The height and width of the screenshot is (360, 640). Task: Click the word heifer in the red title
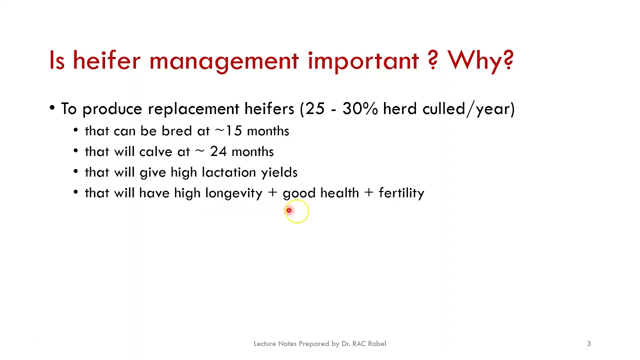pyautogui.click(x=106, y=60)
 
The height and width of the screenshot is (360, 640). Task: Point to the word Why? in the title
pyautogui.click(x=480, y=60)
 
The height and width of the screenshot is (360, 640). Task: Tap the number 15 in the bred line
pyautogui.click(x=233, y=131)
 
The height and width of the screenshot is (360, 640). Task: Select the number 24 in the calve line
pyautogui.click(x=218, y=151)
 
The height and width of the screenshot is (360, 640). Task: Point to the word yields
pyautogui.click(x=279, y=172)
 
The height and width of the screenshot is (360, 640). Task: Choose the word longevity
pyautogui.click(x=233, y=193)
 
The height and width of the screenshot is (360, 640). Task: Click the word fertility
pyautogui.click(x=401, y=193)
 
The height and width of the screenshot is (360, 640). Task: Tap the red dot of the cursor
pyautogui.click(x=288, y=210)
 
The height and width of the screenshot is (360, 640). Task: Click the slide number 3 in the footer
pyautogui.click(x=588, y=343)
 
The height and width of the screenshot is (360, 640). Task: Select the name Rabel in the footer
pyautogui.click(x=377, y=343)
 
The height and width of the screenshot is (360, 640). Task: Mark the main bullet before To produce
pyautogui.click(x=52, y=108)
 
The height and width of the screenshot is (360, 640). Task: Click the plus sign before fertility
pyautogui.click(x=368, y=193)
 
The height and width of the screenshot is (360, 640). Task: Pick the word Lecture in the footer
pyautogui.click(x=264, y=343)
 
